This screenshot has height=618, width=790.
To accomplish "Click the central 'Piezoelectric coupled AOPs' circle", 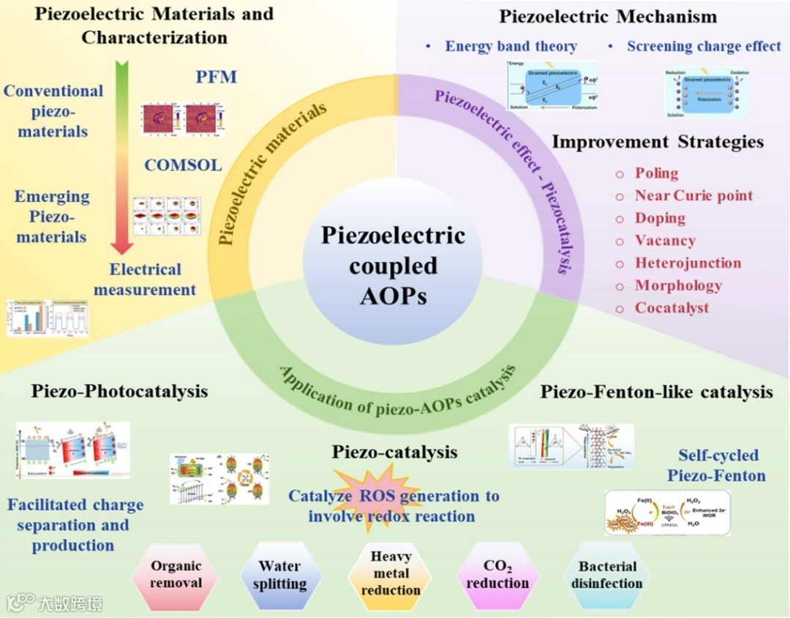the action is (x=393, y=265).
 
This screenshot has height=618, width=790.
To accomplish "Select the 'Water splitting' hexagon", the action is (x=279, y=576).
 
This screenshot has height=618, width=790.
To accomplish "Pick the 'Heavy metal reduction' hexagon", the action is (x=391, y=573).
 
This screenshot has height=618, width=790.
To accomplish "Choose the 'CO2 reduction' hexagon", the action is (x=497, y=575).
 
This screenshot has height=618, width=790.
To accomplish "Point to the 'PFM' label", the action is (x=217, y=77).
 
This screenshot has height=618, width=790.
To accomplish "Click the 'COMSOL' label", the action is (x=183, y=165).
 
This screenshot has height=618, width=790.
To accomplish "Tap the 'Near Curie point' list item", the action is (x=693, y=195).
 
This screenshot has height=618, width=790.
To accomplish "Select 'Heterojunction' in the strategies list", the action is (x=688, y=263).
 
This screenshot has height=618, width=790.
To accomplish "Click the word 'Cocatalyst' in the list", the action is (x=671, y=307).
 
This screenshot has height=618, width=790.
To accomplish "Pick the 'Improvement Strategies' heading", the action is (x=658, y=141).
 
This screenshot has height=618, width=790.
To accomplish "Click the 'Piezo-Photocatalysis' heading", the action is (x=119, y=391).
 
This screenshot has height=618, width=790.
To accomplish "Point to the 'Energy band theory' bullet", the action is (x=511, y=46).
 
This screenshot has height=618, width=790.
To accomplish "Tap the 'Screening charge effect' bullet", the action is (x=704, y=46).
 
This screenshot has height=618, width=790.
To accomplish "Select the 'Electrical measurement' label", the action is (x=145, y=279).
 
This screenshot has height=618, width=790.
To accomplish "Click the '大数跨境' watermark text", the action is (x=70, y=603).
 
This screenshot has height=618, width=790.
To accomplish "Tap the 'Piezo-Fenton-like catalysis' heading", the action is (x=656, y=392).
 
